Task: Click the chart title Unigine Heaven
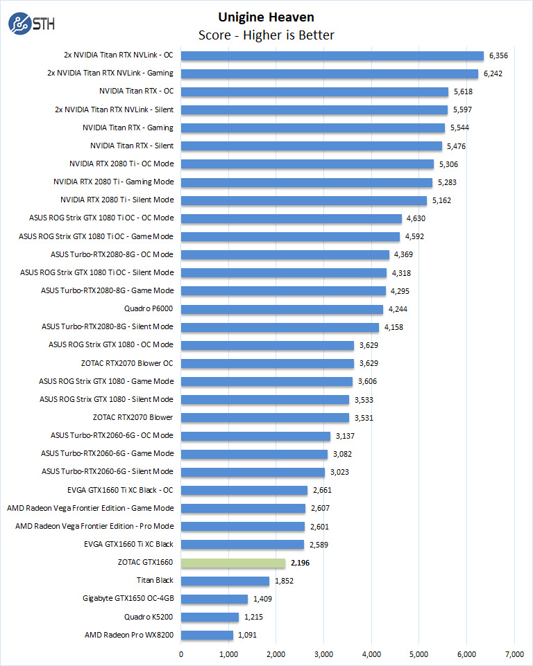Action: [x=266, y=17]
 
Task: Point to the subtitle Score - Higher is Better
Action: [x=266, y=35]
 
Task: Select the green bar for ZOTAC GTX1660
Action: [x=233, y=563]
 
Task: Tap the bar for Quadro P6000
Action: [x=282, y=309]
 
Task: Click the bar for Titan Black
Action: [x=225, y=581]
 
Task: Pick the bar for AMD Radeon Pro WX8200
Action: [x=207, y=635]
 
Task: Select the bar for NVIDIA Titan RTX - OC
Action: [x=314, y=91]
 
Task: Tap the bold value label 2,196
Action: [x=300, y=563]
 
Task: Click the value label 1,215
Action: [x=255, y=617]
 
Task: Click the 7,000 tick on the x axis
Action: [x=514, y=654]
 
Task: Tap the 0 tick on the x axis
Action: [x=181, y=654]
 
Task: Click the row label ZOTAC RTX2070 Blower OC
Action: [x=127, y=363]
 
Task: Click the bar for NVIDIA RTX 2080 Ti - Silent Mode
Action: [x=304, y=200]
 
